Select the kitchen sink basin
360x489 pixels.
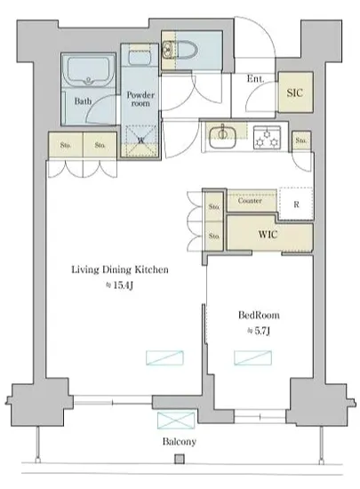[222, 138]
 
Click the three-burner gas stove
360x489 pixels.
[267, 138]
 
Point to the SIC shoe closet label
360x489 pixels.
[294, 92]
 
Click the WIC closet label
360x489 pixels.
[268, 234]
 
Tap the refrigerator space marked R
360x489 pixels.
[296, 204]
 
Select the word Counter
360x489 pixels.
[250, 201]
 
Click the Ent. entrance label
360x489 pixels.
[255, 78]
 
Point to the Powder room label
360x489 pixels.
[140, 99]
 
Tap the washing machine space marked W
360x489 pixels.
[141, 140]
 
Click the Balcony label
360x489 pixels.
[180, 442]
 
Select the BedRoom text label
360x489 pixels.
[259, 315]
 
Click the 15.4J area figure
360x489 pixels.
[120, 285]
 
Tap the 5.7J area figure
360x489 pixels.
[259, 331]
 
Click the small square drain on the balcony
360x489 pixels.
[180, 459]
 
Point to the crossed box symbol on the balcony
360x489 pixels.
[176, 421]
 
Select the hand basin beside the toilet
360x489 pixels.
[168, 50]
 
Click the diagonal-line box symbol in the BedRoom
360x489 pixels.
[252, 357]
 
